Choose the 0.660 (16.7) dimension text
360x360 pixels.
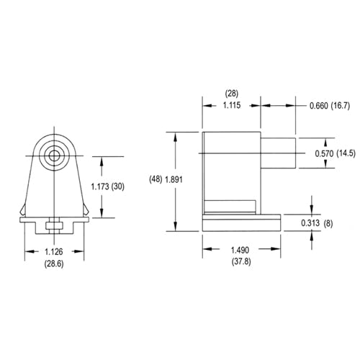pyautogui.click(x=329, y=105)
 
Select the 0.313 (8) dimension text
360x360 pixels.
pyautogui.click(x=318, y=222)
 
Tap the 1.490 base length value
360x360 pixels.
pyautogui.click(x=241, y=250)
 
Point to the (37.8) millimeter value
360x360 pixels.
pyautogui.click(x=241, y=263)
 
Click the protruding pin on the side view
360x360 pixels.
pyautogui.click(x=278, y=152)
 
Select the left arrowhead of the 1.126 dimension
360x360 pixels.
pyautogui.click(x=29, y=251)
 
